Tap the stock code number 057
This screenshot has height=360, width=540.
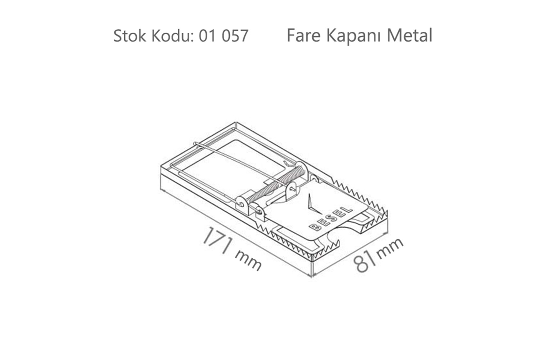click(x=235, y=36)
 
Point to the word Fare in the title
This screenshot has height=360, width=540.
click(x=303, y=36)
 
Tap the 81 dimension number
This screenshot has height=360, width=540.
click(x=364, y=262)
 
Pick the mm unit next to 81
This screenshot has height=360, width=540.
click(x=390, y=247)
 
